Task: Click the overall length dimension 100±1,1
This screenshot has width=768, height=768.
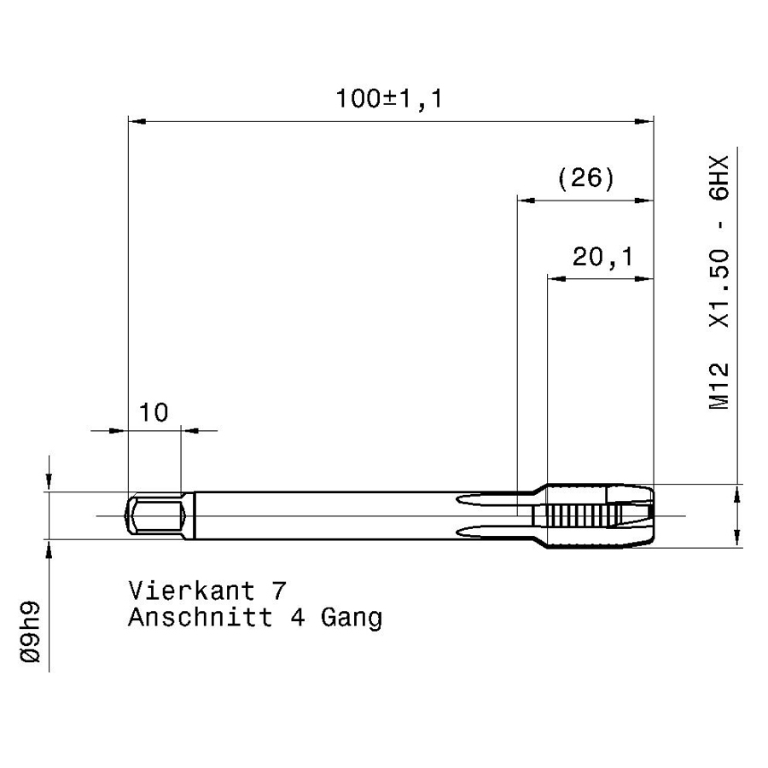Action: coord(389,98)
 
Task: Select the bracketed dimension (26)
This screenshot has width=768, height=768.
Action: coord(585,177)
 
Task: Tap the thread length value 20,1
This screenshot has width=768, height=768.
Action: coord(603,257)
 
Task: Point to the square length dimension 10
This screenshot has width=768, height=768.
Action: coord(154,412)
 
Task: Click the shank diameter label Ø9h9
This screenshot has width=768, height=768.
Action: coord(31,631)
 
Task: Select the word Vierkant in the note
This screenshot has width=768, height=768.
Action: coord(191,591)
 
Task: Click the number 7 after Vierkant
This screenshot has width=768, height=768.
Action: coord(278,591)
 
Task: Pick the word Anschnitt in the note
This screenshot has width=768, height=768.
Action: coord(200,617)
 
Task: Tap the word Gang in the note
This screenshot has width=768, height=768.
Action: coord(352,619)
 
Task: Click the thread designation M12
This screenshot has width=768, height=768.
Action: coord(719,386)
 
